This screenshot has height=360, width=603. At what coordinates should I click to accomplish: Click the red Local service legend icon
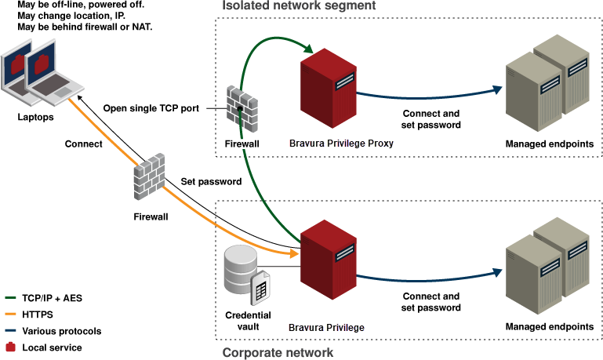[x=10, y=347]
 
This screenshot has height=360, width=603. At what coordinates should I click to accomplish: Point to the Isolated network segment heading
[x=299, y=6]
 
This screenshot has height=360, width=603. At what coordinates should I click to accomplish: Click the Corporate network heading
[x=278, y=352]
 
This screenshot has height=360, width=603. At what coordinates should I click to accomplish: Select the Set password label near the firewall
[x=211, y=181]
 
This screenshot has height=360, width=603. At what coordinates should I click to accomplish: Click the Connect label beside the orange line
[x=84, y=144]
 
